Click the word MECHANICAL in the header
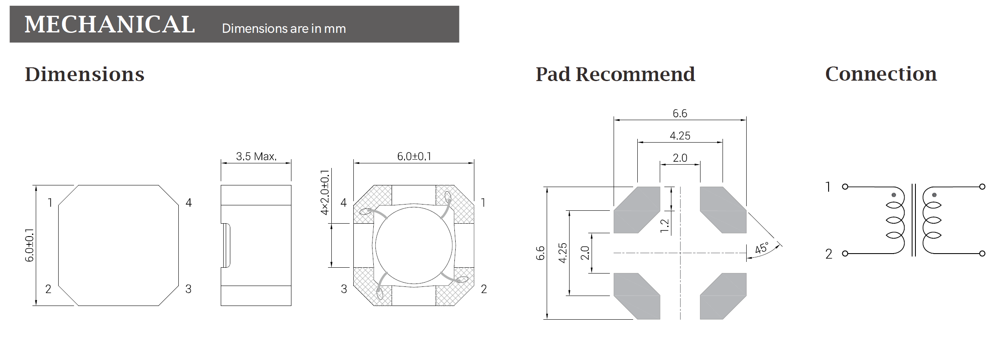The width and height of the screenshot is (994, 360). tap(110, 24)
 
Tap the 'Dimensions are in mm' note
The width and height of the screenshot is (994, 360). tap(284, 29)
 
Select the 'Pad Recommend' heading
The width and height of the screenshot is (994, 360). tap(615, 74)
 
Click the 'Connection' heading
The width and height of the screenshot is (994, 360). tap(881, 74)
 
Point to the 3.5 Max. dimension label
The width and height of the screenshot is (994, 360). tap(256, 157)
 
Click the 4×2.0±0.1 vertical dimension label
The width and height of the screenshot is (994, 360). tap(325, 192)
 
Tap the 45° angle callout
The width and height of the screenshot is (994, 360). tap(762, 248)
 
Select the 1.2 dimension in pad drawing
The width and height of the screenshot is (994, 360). tap(664, 226)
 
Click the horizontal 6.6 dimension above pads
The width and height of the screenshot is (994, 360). tap(680, 113)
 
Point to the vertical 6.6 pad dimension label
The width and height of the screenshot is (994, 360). tap(540, 253)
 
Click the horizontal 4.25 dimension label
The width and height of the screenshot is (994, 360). tap(680, 136)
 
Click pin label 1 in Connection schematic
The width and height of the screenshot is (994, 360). tap(828, 187)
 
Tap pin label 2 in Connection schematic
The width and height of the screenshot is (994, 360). tap(828, 254)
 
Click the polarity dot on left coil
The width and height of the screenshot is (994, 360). tap(893, 195)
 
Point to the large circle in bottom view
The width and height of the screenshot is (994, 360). tap(414, 246)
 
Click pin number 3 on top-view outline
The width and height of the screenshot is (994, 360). tap(188, 289)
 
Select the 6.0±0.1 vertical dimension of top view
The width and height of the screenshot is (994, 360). tap(29, 245)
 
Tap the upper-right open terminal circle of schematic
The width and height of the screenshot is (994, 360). tap(982, 187)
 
